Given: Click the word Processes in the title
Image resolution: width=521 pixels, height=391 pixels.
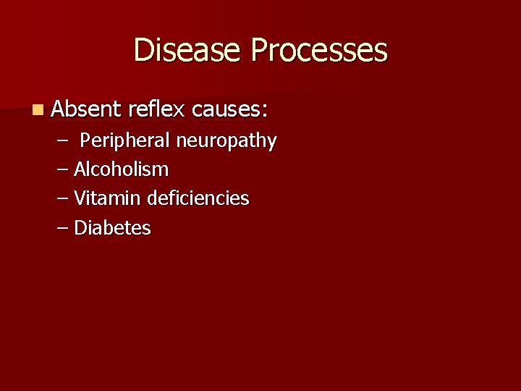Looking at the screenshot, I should click(x=319, y=51).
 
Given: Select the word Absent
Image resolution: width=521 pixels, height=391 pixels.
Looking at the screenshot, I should click(x=86, y=110).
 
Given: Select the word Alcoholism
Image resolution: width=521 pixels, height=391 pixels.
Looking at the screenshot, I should click(x=121, y=169).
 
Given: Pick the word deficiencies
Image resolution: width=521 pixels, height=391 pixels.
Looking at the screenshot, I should click(x=198, y=198).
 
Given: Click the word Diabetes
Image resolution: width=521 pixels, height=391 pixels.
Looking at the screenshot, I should click(x=112, y=228).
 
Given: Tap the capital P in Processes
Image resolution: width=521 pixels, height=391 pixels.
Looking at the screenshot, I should click(x=260, y=51).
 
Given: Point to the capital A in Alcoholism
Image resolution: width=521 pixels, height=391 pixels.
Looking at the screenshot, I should click(x=80, y=169).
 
